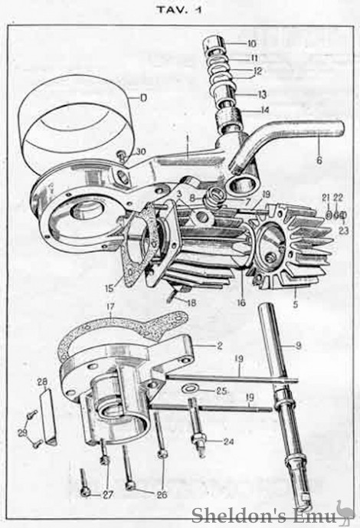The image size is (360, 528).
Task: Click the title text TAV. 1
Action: pyautogui.click(x=180, y=10)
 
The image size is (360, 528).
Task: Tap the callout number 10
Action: pyautogui.click(x=251, y=44)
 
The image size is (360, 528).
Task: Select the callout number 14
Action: pyautogui.click(x=264, y=110)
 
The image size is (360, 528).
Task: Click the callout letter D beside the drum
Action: pyautogui.click(x=144, y=98)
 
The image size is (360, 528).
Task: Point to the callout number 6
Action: pyautogui.click(x=319, y=160)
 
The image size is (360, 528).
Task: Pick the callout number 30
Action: pyautogui.click(x=141, y=152)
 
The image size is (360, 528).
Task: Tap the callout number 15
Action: pyautogui.click(x=110, y=289)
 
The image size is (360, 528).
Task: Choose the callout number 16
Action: pyautogui.click(x=241, y=303)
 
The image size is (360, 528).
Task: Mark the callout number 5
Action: pyautogui.click(x=296, y=305)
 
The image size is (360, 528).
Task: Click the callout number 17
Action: pyautogui.click(x=110, y=307)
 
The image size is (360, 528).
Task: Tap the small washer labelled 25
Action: pyautogui.click(x=190, y=389)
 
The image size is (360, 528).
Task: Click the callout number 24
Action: pyautogui.click(x=229, y=441)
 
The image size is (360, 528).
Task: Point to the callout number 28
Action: pyautogui.click(x=43, y=382)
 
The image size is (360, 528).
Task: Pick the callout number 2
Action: pyautogui.click(x=219, y=346)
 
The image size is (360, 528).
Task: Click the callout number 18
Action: pyautogui.click(x=191, y=303)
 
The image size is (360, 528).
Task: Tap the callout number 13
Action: pyautogui.click(x=262, y=94)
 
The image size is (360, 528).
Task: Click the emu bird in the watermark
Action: pyautogui.click(x=345, y=512)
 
